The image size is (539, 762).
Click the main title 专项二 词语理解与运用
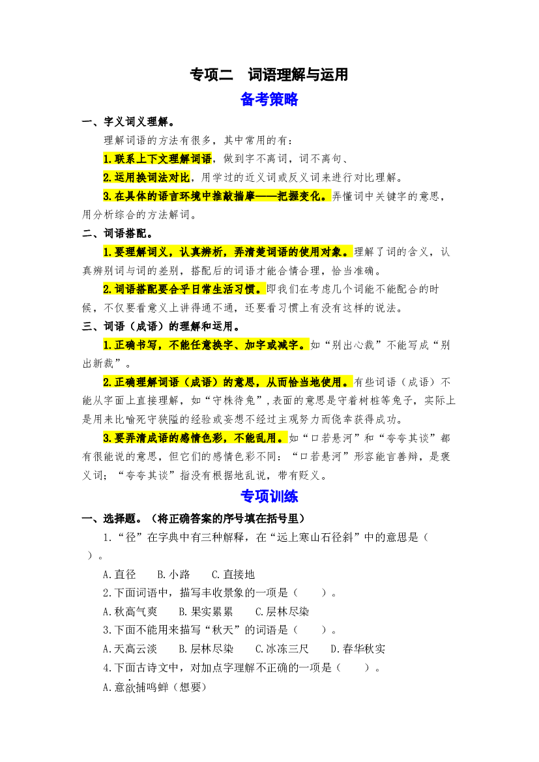pyautogui.click(x=269, y=74)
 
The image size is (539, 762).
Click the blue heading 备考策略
pyautogui.click(x=269, y=99)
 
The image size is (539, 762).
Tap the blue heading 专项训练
pyautogui.click(x=269, y=496)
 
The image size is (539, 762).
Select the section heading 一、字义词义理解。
pyautogui.click(x=129, y=121)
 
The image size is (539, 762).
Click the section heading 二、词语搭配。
pyautogui.click(x=117, y=233)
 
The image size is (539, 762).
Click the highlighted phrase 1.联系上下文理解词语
pyautogui.click(x=158, y=159)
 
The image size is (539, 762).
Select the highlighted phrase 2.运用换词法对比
pyautogui.click(x=146, y=177)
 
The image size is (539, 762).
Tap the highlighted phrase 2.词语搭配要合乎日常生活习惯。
pyautogui.click(x=184, y=289)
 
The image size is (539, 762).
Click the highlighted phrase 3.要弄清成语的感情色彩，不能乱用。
pyautogui.click(x=195, y=438)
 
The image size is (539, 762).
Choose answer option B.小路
pyautogui.click(x=173, y=574)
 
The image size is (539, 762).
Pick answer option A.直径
pyautogui.click(x=119, y=574)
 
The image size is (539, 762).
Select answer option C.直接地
pyautogui.click(x=233, y=574)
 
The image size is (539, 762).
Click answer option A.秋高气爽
pyautogui.click(x=130, y=611)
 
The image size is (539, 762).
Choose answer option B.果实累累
pyautogui.click(x=206, y=611)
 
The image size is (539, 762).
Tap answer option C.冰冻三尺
pyautogui.click(x=282, y=649)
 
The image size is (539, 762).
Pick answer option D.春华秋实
pyautogui.click(x=358, y=649)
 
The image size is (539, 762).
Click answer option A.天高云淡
pyautogui.click(x=130, y=649)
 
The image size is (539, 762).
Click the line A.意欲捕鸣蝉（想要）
pyautogui.click(x=154, y=686)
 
